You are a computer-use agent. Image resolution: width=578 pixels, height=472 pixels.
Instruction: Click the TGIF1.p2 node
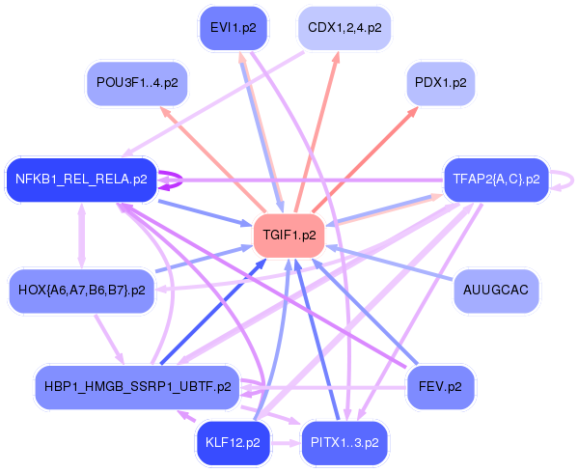pyautogui.click(x=289, y=235)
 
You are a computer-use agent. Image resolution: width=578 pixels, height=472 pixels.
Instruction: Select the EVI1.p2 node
pyautogui.click(x=233, y=28)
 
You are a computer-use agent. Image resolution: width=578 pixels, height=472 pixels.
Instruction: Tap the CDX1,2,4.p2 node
pyautogui.click(x=344, y=28)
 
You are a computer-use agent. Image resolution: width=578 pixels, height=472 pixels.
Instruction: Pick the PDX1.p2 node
pyautogui.click(x=440, y=83)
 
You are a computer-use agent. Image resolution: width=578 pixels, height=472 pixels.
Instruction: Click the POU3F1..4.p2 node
pyautogui.click(x=136, y=83)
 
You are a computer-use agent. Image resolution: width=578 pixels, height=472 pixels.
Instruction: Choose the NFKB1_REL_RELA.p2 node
pyautogui.click(x=81, y=180)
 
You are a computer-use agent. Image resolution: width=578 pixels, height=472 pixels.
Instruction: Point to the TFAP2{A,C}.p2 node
pyautogui.click(x=495, y=180)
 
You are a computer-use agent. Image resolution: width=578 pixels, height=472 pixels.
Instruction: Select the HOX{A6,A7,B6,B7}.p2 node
pyautogui.click(x=81, y=290)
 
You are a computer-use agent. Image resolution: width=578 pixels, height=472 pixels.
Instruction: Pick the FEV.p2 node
pyautogui.click(x=440, y=386)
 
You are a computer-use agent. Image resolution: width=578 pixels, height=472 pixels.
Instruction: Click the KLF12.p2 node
pyautogui.click(x=233, y=443)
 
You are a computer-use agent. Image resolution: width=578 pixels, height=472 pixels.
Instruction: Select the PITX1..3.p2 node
pyautogui.click(x=344, y=443)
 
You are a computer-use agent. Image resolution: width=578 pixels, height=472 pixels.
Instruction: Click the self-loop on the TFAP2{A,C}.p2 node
pyautogui.click(x=569, y=180)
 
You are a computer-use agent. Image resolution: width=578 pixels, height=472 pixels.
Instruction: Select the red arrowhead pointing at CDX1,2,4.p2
pyautogui.click(x=337, y=57)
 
